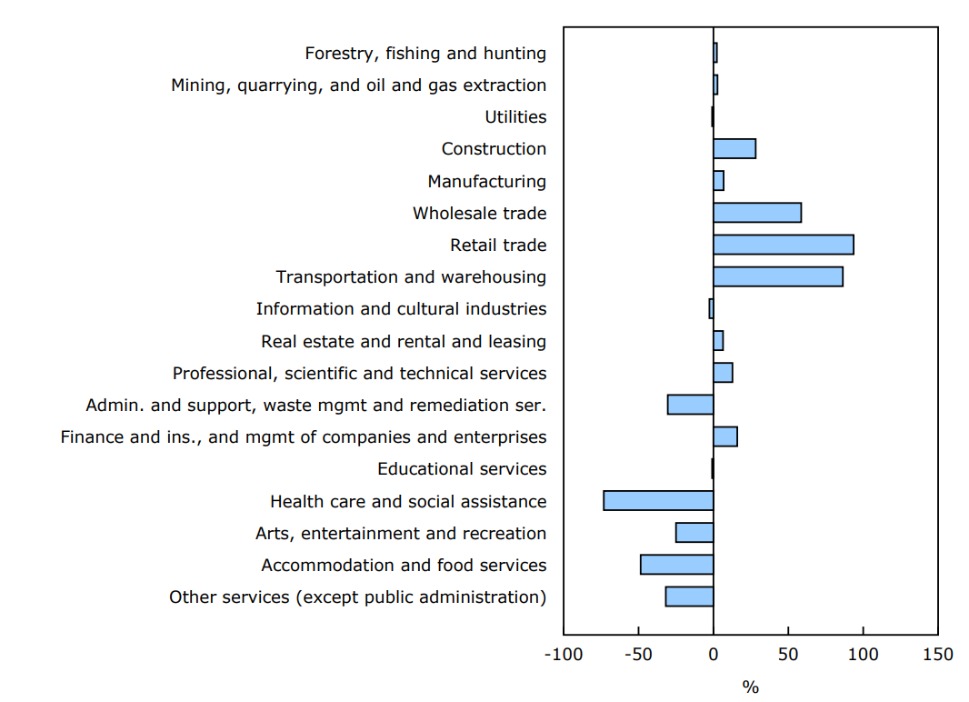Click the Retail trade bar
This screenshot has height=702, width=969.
783,245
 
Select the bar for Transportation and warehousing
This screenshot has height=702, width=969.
777,276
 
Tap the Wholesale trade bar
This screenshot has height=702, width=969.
756,213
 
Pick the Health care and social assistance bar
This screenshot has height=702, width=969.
658,500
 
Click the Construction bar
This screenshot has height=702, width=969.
734,149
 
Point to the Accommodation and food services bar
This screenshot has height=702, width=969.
676,565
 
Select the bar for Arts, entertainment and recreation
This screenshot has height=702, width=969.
694,532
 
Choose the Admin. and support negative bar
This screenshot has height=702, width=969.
690,405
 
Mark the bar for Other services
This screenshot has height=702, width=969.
689,597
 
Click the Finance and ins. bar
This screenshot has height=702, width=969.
724,436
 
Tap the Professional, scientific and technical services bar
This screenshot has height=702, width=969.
723,373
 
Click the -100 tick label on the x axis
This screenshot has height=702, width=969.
563,655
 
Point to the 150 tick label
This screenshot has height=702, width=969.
937,655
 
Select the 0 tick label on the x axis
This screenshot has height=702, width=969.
713,655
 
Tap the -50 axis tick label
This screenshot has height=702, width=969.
638,655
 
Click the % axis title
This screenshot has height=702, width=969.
750,687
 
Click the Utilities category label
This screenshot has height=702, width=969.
515,117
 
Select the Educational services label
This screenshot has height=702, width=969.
462,469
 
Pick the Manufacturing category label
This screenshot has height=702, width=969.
487,181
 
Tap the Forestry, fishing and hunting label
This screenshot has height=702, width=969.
425,54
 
